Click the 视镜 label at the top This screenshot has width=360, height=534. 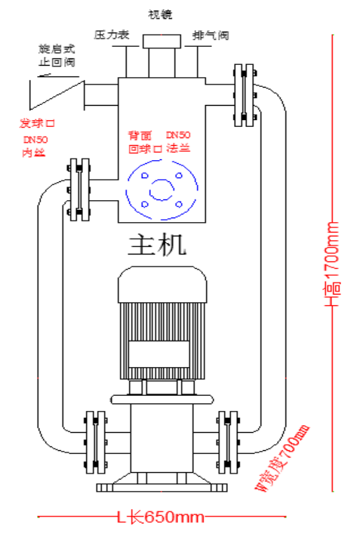click(x=160, y=14)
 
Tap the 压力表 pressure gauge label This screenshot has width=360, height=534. click(x=112, y=35)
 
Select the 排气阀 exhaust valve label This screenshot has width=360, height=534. click(x=211, y=35)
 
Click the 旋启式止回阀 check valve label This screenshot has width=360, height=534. click(x=57, y=55)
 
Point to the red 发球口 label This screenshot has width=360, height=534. click(x=37, y=123)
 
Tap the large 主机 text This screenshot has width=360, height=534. click(x=157, y=245)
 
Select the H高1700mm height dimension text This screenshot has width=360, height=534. click(x=332, y=264)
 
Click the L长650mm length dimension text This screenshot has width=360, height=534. click(x=161, y=517)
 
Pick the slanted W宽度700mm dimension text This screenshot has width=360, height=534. click(x=282, y=457)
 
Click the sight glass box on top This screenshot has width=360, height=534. click(x=162, y=42)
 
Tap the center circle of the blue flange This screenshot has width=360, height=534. click(x=162, y=190)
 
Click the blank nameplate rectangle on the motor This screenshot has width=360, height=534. click(x=159, y=353)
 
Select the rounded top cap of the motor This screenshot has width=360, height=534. click(x=162, y=284)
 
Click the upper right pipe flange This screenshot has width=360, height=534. click(x=244, y=95)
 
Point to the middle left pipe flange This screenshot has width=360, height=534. click(x=79, y=190)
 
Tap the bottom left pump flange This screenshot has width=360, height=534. click(x=96, y=443)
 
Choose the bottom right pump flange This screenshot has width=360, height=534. click(x=228, y=443)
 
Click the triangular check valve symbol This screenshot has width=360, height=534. click(x=57, y=95)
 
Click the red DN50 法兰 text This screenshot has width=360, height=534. click(x=178, y=142)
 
